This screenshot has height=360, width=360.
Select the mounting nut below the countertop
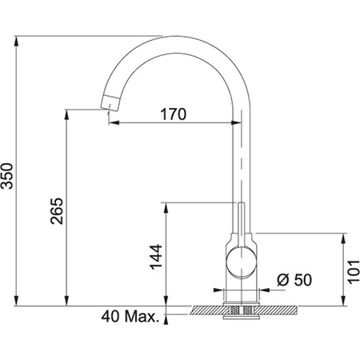[240, 313]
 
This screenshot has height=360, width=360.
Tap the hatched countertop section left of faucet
[208, 307]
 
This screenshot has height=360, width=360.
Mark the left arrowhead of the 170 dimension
[112, 123]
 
